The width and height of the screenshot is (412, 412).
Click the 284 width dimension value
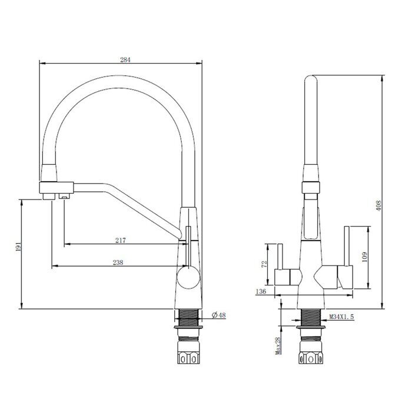click(125, 59)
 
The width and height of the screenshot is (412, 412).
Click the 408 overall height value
click(380, 205)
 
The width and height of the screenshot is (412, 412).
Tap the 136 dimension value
click(262, 291)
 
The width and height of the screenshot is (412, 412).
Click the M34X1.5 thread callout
click(342, 317)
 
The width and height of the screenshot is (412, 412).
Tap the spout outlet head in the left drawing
click(57, 190)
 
